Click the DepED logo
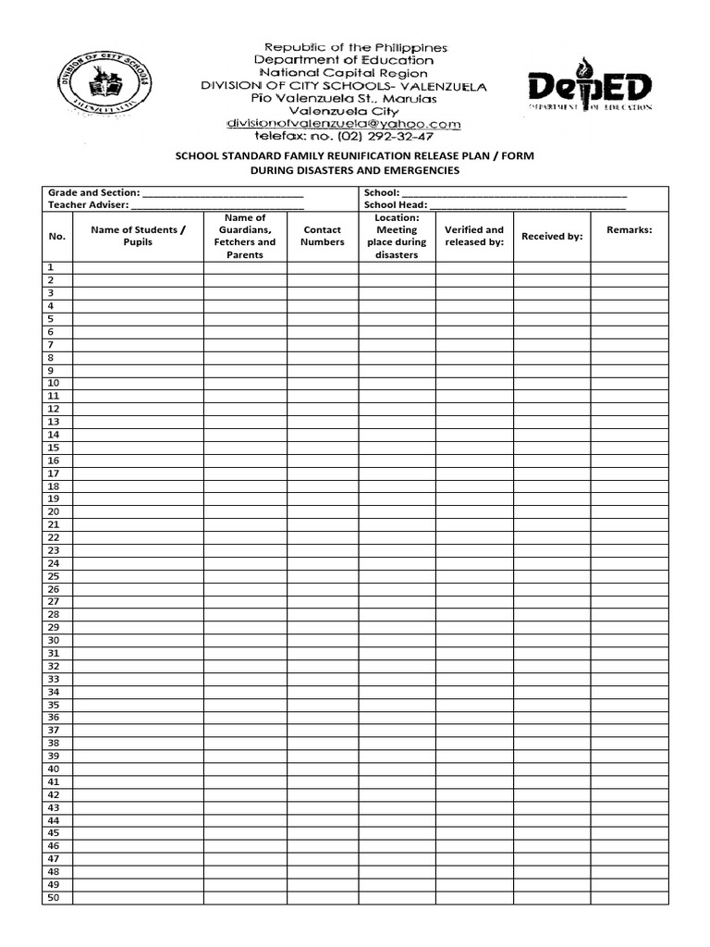pos(590,87)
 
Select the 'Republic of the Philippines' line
pos(356,46)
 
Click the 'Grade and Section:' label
pos(94,192)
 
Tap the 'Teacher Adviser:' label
pos(89,204)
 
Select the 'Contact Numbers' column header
pos(322,236)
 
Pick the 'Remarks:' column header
pos(630,229)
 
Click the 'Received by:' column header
pos(552,236)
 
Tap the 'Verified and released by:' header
pos(474,236)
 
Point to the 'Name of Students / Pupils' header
pos(138,236)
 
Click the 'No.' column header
pos(57,236)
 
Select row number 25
pos(54,576)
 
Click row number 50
pos(54,897)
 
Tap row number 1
pos(52,267)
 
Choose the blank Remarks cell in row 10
pos(630,383)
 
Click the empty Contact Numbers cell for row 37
pos(322,730)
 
